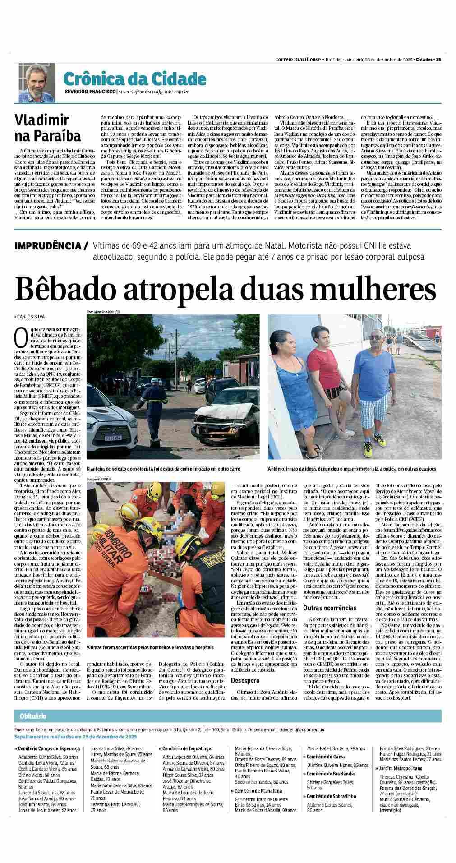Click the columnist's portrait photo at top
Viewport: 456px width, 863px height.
click(36, 83)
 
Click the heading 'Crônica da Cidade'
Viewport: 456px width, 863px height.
click(134, 79)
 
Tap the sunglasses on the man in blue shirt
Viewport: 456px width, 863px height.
click(374, 337)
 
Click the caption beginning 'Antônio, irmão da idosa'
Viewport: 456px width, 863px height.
click(352, 469)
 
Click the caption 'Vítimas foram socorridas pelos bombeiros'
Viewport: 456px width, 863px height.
click(150, 647)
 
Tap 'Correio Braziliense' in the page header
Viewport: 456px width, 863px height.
click(298, 60)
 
